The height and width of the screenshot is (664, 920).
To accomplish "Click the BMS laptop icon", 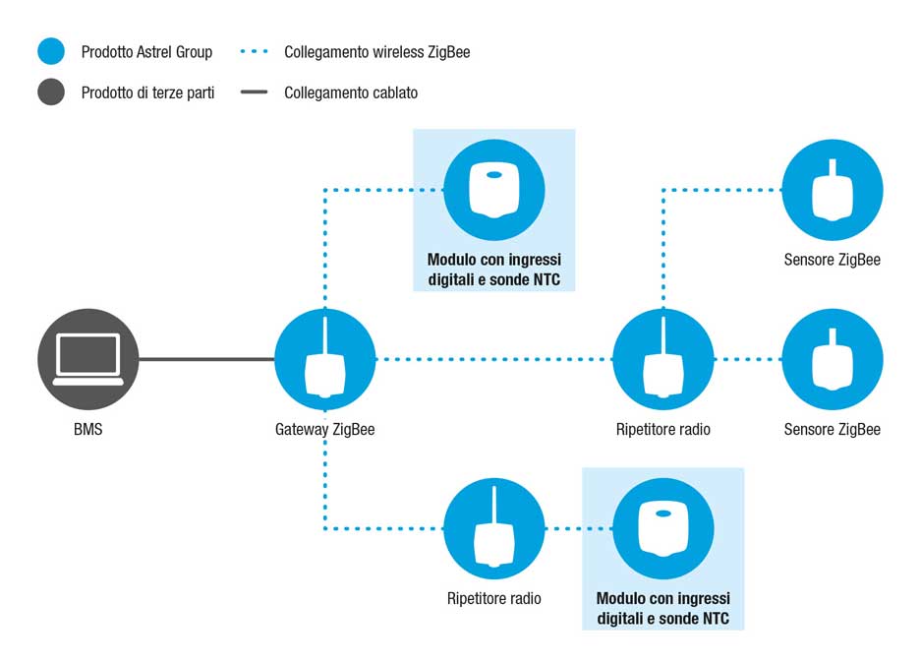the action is [88, 359].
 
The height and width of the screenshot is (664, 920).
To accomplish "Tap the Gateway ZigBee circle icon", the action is [325, 359].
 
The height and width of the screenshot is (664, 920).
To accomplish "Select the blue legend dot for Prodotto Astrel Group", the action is [51, 51].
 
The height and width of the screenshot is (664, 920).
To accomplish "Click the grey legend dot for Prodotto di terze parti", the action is [51, 91].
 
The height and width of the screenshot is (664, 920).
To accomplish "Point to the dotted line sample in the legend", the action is [254, 52].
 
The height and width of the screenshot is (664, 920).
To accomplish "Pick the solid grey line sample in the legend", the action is [254, 92].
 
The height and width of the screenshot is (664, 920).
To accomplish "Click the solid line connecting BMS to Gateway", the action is [206, 359].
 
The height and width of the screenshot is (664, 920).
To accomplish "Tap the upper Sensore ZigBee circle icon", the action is [833, 190].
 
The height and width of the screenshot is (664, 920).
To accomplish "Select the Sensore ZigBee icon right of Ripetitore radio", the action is [833, 359].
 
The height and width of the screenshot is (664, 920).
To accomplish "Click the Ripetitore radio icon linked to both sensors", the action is [663, 359].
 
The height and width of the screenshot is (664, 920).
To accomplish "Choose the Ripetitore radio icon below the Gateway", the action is [494, 528].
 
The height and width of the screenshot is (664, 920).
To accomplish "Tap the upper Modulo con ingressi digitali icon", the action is [494, 190].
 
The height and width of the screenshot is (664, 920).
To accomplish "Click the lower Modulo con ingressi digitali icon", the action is [663, 528].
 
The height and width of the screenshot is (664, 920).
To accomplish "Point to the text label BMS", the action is [88, 429].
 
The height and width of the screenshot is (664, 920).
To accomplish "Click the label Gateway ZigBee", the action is [325, 430].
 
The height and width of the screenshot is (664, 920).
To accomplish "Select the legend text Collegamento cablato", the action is [351, 92].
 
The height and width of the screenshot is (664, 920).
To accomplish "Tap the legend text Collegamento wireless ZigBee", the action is [377, 52].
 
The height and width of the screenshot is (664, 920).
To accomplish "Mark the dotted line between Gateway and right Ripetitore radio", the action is [494, 359].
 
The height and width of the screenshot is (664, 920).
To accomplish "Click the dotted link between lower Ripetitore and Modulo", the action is [579, 528].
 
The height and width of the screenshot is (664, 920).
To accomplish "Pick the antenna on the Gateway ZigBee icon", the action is [325, 335].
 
